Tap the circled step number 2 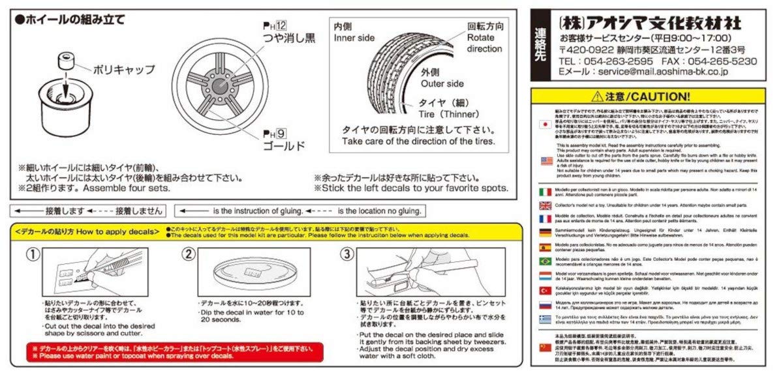[x=188, y=254]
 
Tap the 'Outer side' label [x=442, y=83]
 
